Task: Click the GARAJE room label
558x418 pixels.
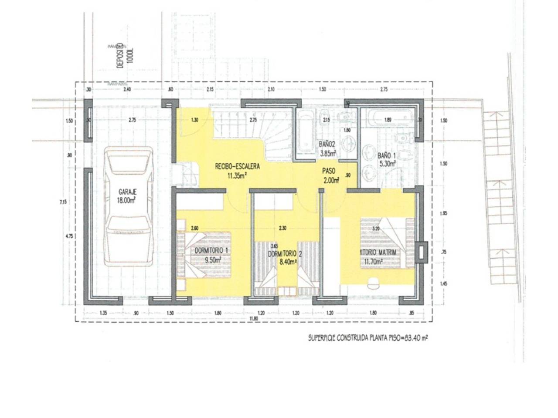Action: tap(128, 191)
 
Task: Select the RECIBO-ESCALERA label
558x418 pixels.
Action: tap(237, 166)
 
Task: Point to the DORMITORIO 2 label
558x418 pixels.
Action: tap(282, 253)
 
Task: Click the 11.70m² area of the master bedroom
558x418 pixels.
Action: tap(374, 262)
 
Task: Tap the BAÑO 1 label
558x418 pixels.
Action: tap(387, 155)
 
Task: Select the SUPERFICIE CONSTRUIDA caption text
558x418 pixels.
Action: tap(367, 337)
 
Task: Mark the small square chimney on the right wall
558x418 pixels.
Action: tap(420, 251)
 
